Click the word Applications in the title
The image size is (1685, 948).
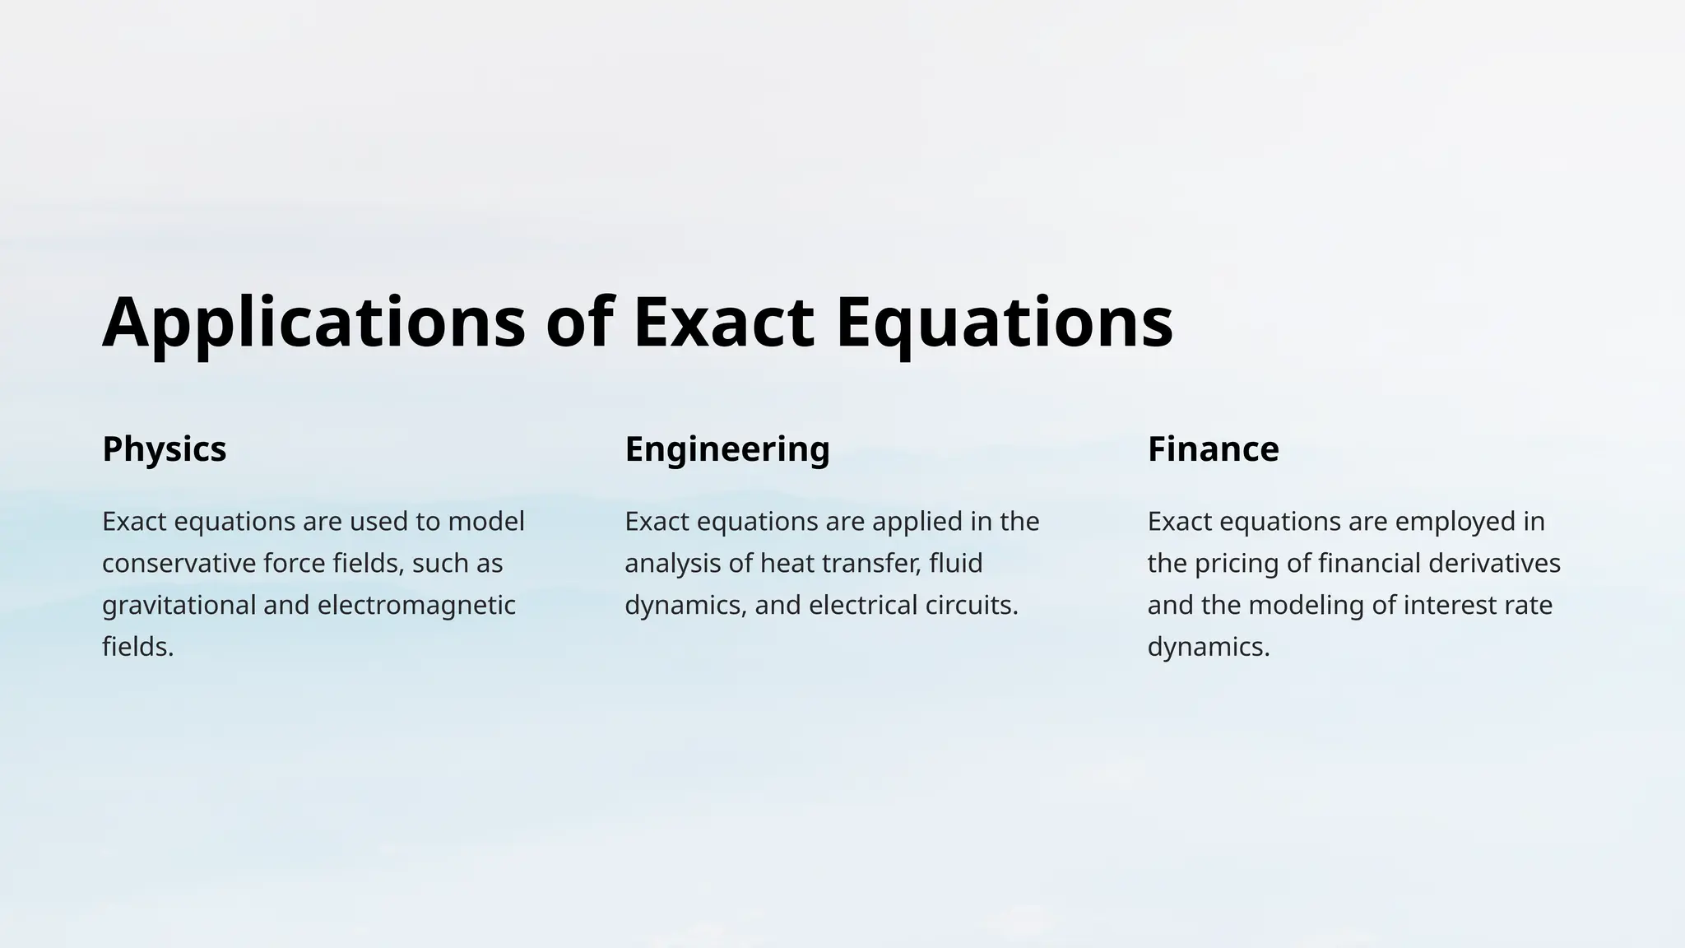[313, 323]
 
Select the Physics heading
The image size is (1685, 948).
[164, 449]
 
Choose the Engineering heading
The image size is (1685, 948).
[727, 449]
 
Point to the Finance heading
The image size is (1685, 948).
[1213, 449]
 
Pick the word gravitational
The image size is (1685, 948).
[179, 606]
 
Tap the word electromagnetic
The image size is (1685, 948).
[416, 606]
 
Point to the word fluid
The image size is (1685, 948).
[956, 564]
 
